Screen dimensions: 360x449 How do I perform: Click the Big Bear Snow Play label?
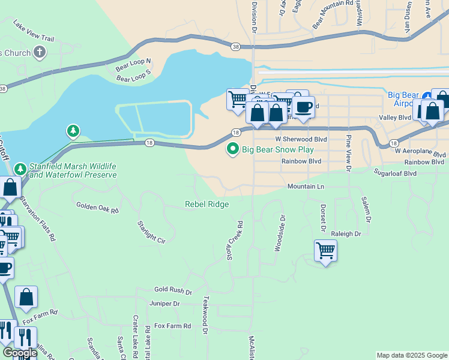tap(277, 149)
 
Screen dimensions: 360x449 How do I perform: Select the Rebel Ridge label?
tap(206, 204)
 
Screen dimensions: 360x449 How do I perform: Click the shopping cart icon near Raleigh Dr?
tap(325, 250)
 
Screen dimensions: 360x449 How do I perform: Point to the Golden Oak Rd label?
tap(97, 208)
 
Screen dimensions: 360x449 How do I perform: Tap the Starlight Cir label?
tap(151, 232)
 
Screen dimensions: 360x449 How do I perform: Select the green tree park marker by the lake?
tap(73, 130)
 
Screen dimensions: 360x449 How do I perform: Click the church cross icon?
tap(40, 52)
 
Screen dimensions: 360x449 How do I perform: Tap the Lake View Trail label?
tap(34, 32)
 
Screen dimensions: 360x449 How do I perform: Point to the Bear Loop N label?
tap(133, 64)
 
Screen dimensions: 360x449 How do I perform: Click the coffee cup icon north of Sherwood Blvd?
tap(304, 107)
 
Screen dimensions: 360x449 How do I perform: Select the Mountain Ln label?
tap(306, 187)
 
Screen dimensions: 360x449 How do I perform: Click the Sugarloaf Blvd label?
tap(395, 173)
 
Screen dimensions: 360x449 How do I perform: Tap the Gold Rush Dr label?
tap(172, 290)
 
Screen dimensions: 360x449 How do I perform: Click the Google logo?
tap(20, 353)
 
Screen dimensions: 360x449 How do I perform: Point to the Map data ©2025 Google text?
tap(411, 355)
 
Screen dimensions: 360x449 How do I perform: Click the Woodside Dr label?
tap(280, 233)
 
